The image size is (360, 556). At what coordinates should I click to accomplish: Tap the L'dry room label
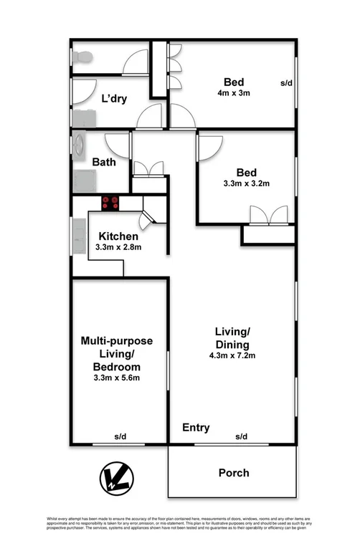point(114,99)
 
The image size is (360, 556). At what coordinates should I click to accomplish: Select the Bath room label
point(105,162)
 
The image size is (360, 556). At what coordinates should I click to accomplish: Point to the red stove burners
point(110,203)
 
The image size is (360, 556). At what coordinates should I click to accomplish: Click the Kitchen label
point(118,236)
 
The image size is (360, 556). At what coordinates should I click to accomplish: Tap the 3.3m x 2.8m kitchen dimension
point(118,247)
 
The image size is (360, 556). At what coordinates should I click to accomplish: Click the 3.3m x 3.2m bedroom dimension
point(247,183)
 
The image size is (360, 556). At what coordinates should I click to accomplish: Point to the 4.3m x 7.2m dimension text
point(232,356)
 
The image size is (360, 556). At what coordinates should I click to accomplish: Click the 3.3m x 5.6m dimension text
point(117,378)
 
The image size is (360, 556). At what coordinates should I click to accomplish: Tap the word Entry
point(196,428)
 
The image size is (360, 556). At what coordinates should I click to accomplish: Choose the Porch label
point(234,473)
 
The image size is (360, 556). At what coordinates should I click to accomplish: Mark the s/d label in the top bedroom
point(286,83)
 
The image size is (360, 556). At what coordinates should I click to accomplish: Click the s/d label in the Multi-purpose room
point(119,436)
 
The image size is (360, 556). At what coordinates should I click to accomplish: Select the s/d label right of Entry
point(241,436)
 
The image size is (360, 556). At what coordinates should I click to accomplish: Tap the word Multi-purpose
point(116,340)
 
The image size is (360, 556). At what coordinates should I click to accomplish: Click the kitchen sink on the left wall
point(78,235)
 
